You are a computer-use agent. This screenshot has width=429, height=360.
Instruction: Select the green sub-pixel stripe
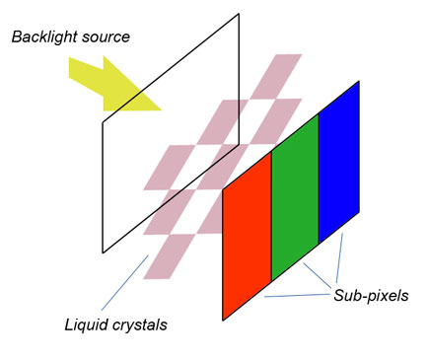click(295, 196)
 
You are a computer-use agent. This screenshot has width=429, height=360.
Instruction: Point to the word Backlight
click(45, 37)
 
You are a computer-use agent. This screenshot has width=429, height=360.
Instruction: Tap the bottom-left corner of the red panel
click(224, 320)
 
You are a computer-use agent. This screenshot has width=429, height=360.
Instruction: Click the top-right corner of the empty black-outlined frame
click(239, 14)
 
